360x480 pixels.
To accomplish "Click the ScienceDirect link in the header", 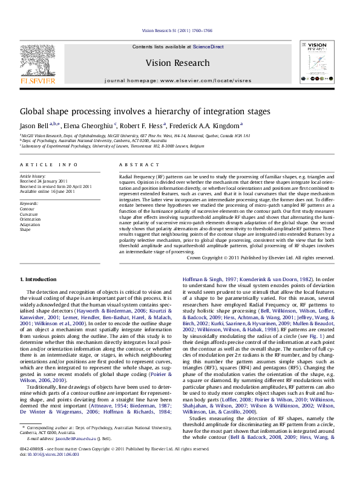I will pos(208,47).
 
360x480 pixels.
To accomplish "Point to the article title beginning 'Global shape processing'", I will pos(137,112).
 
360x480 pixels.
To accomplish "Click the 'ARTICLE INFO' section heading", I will pos(49,164).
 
